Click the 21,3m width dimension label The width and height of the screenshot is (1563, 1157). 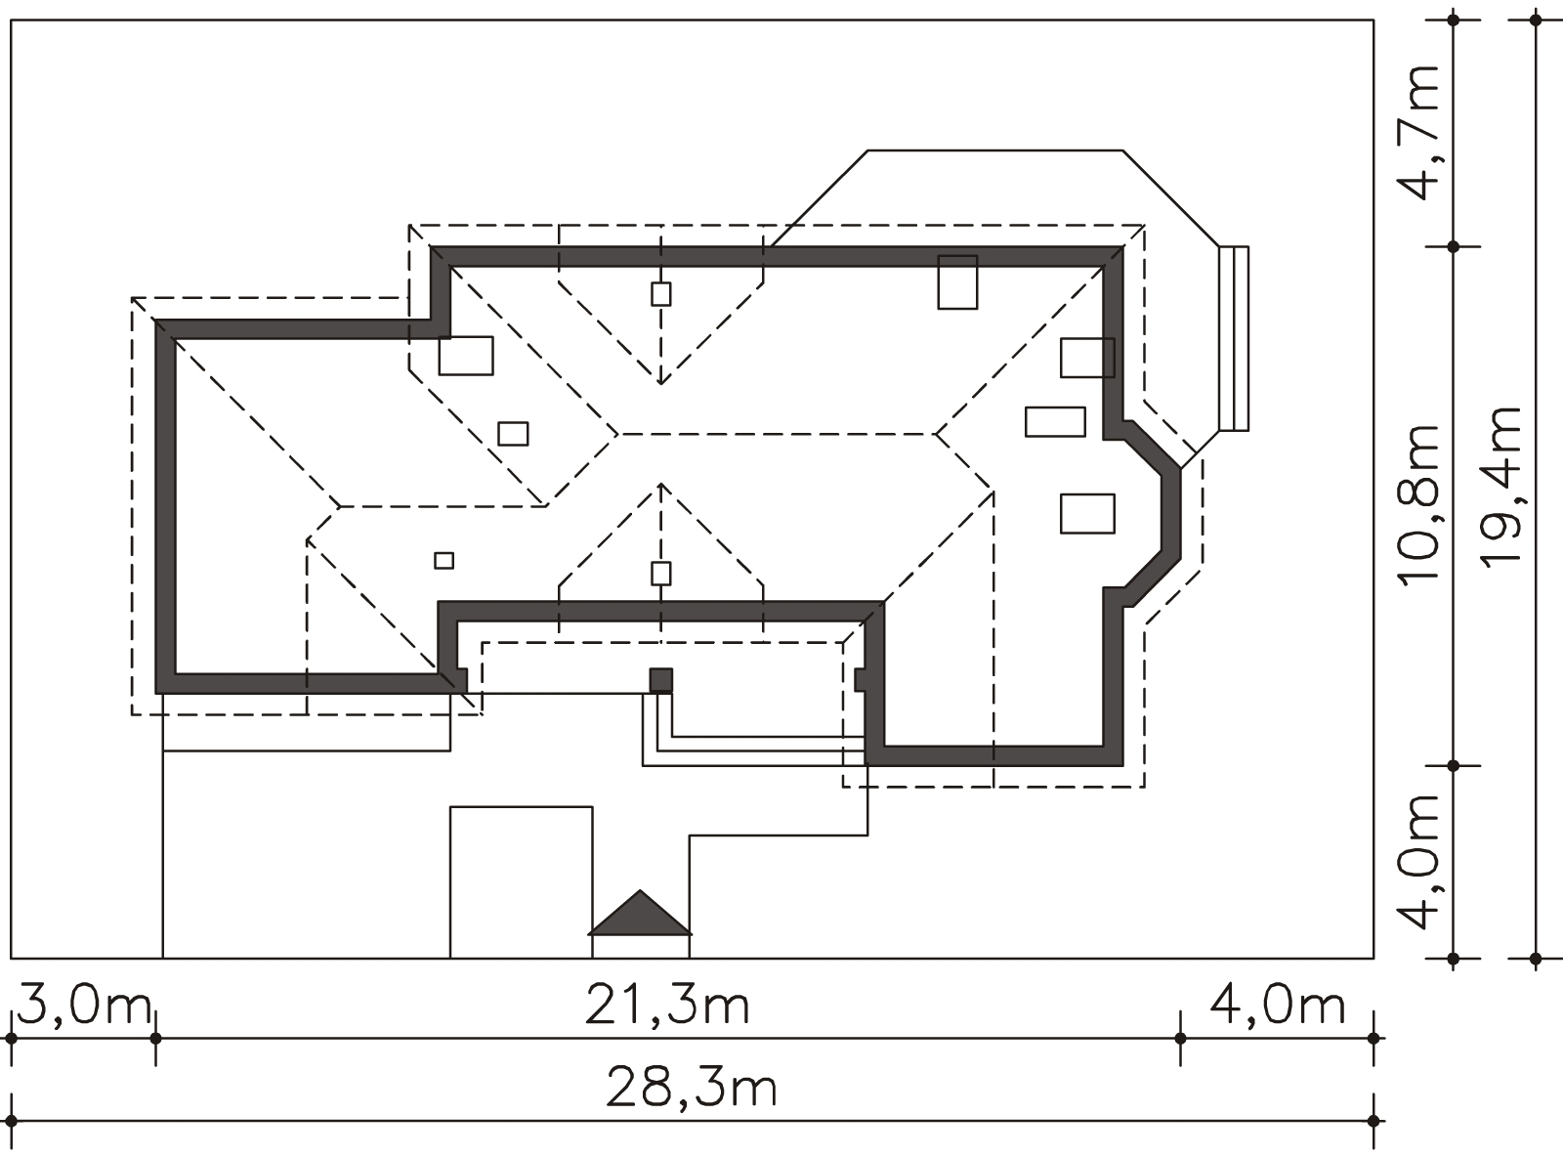[666, 1007]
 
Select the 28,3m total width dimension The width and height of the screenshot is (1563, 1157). [692, 1088]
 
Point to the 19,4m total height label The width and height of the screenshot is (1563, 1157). [1501, 486]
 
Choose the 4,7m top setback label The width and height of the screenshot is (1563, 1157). [1417, 133]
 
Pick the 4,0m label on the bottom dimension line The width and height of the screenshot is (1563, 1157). [1277, 1007]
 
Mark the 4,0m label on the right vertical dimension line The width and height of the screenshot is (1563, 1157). [1417, 862]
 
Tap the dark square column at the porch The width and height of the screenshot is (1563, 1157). [661, 681]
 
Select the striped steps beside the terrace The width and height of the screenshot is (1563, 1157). [1234, 338]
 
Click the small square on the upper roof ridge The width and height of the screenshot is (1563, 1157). [661, 294]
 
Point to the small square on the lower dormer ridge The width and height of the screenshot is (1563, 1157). [661, 574]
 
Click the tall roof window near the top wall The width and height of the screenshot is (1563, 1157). [957, 282]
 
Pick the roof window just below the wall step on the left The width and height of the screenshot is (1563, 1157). [466, 356]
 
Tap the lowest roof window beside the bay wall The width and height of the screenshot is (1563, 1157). [1087, 513]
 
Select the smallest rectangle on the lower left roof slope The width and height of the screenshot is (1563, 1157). [444, 561]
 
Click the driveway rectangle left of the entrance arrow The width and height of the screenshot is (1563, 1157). [522, 882]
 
